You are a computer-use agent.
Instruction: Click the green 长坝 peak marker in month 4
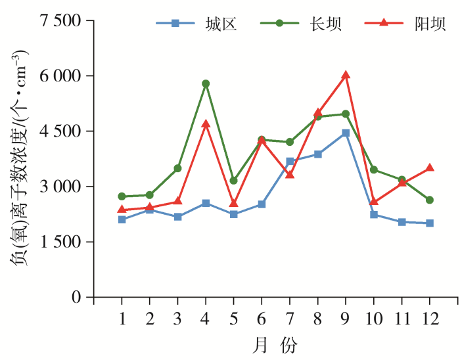tap(206, 83)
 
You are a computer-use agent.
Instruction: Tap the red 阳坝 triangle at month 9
tap(346, 76)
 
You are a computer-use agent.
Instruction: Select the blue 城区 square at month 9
tap(346, 133)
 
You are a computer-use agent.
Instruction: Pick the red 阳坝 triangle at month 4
tap(206, 124)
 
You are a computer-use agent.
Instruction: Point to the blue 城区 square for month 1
tap(122, 219)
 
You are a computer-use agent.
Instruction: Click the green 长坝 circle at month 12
tap(430, 200)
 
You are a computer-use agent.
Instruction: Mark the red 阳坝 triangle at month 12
tap(430, 168)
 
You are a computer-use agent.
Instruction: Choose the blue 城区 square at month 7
tap(290, 162)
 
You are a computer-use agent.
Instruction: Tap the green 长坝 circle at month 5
tap(234, 181)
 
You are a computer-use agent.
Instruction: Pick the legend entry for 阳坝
tap(403, 24)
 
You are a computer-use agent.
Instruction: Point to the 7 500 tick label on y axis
tap(60, 21)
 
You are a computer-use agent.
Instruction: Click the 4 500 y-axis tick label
tap(60, 131)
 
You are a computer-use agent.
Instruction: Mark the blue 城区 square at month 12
tap(430, 223)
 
